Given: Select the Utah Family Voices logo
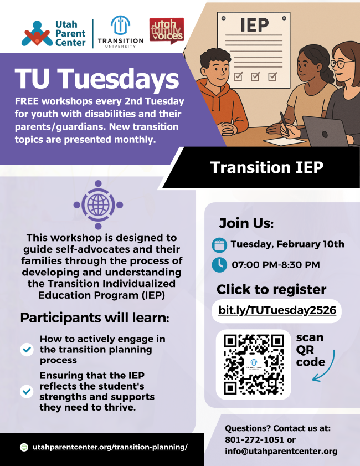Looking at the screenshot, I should click(166, 31).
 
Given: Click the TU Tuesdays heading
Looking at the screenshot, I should click(97, 79).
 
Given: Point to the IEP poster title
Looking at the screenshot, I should click(254, 25).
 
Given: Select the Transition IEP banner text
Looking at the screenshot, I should click(266, 167).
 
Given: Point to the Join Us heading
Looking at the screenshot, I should click(246, 223).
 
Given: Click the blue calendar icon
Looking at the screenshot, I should click(219, 244).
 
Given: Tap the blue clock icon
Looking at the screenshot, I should click(219, 264).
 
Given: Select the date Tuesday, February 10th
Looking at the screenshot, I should click(287, 244).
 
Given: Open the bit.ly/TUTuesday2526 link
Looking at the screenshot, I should click(277, 310).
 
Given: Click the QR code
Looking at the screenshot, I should click(254, 364).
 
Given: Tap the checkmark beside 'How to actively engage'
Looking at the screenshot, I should click(27, 349).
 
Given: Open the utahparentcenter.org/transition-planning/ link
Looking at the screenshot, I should click(110, 447).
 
